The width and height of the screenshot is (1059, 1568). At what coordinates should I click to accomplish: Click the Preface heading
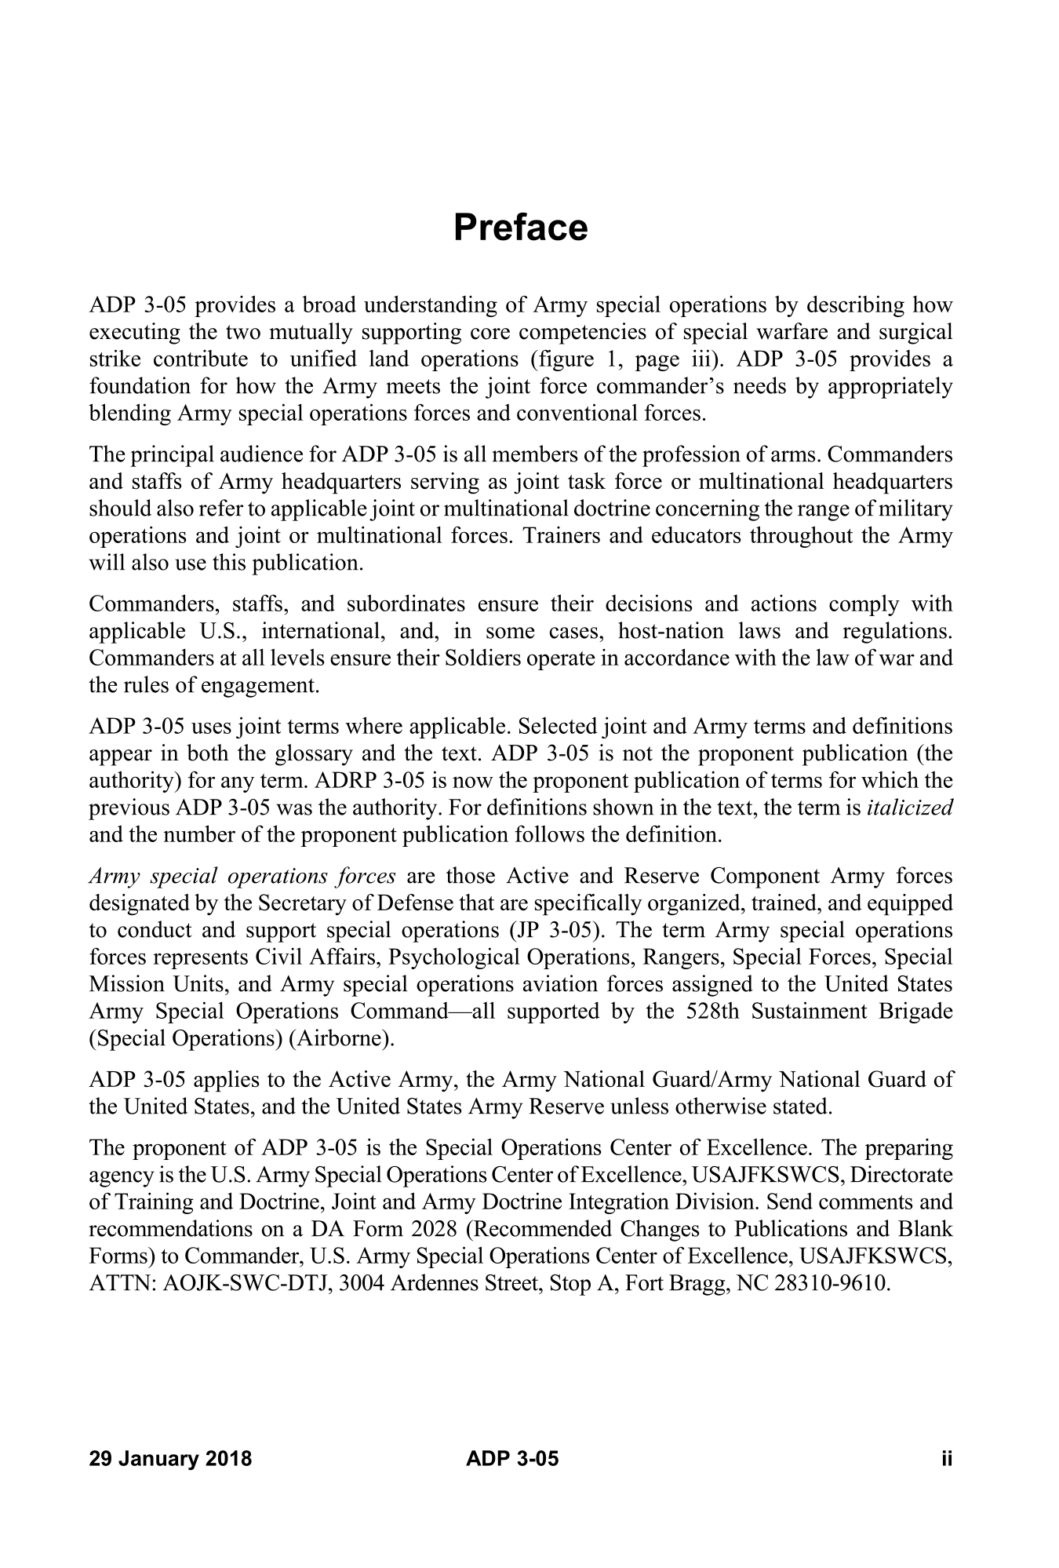pyautogui.click(x=520, y=228)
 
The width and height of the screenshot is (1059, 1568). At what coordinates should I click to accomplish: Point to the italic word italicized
pyautogui.click(x=910, y=808)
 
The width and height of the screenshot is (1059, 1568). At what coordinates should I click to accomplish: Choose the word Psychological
pyautogui.click(x=455, y=957)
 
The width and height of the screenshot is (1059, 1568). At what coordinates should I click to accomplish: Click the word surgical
pyautogui.click(x=915, y=332)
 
